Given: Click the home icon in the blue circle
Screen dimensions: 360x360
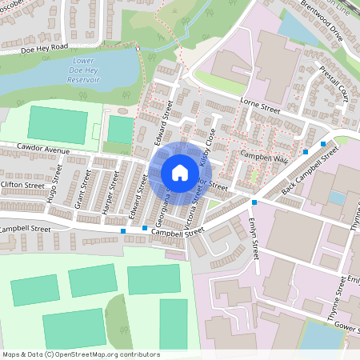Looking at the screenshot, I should [x=179, y=173].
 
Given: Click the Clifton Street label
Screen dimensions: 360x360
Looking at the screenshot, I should [x=22, y=185].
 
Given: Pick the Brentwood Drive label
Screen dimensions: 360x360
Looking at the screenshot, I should [x=321, y=25].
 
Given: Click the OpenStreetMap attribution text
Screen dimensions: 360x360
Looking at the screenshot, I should [x=80, y=354].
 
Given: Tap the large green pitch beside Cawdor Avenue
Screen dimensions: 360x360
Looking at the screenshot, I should [x=58, y=123].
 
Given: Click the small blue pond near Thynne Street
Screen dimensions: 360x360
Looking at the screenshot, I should [x=337, y=198].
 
